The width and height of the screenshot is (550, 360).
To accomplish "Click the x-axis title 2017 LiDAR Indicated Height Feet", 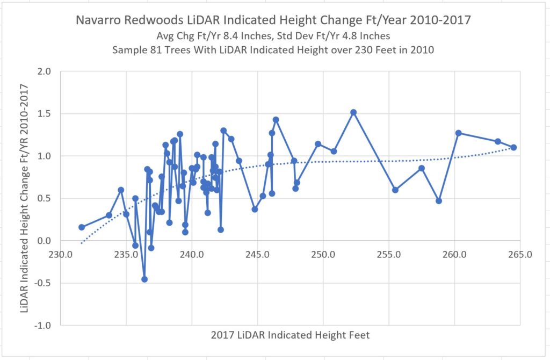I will (290, 335).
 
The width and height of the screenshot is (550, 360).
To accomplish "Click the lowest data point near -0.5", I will (144, 279).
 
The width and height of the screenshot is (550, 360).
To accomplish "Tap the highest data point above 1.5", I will (353, 112).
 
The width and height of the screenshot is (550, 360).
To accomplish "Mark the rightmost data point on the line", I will (513, 147).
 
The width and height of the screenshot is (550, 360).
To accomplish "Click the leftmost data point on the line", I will (82, 227).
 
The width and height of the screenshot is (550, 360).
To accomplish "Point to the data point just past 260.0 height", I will (458, 133).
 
